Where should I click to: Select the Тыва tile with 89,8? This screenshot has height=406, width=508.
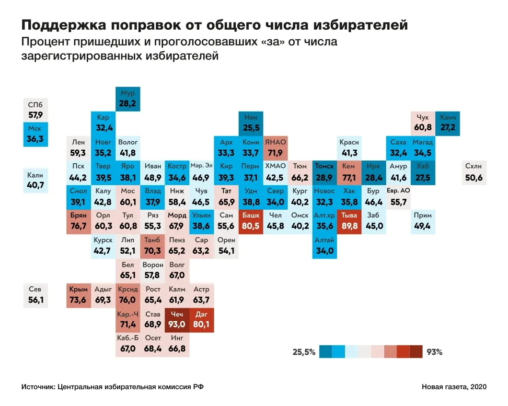point(349,221)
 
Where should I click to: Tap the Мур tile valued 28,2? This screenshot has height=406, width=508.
point(127,98)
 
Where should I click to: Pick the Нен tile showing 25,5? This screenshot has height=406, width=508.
point(251,123)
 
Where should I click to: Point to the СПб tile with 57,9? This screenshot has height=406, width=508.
point(35,110)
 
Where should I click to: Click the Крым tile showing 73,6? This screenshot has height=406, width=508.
point(78,295)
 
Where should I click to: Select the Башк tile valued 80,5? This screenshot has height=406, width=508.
point(251,221)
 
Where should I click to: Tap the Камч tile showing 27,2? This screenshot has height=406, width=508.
point(448,123)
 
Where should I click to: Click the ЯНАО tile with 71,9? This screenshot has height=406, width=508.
point(276,147)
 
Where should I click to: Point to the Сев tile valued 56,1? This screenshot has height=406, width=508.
point(35,295)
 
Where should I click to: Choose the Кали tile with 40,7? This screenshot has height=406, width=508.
point(35,180)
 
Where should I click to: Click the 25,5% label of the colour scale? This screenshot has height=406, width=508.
point(304,352)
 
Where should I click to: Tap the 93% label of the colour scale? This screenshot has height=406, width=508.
point(434,352)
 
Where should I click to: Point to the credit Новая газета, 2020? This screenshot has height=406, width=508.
point(454,386)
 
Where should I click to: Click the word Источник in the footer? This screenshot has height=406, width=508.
point(37,386)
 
